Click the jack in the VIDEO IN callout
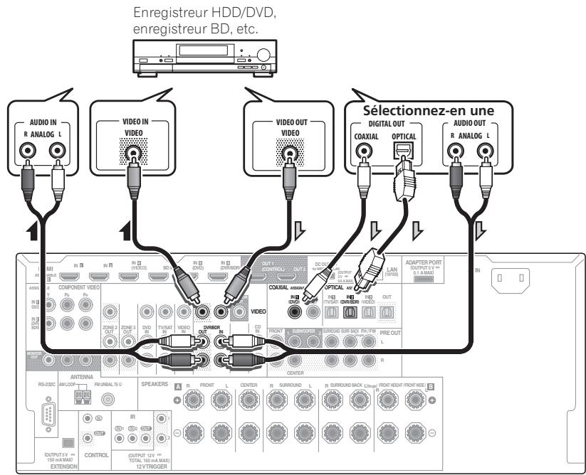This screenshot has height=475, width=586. point(132,151)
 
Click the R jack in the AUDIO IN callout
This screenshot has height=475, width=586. point(28,151)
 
